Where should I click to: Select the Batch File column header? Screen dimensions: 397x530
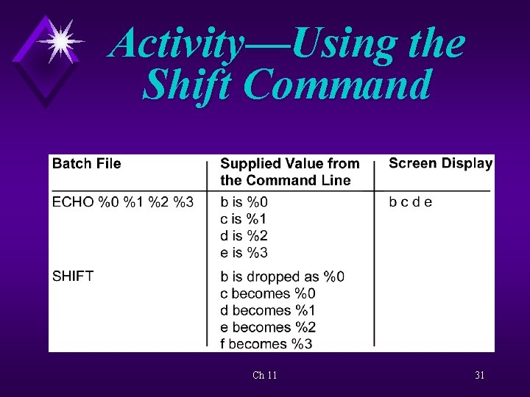[x=86, y=163]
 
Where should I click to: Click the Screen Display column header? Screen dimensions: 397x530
[x=440, y=163]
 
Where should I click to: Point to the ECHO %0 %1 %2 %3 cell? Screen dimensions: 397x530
[x=123, y=202]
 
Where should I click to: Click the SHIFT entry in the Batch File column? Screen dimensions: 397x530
[x=73, y=276]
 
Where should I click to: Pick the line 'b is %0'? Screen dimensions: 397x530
[x=244, y=202]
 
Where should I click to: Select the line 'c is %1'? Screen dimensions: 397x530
[x=244, y=219]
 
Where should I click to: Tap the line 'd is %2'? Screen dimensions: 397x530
[x=244, y=236]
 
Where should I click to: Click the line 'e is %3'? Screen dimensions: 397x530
[x=244, y=253]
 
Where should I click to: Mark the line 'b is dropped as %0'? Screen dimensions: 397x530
[x=282, y=277]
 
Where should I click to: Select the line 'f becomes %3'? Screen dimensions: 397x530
[x=265, y=344]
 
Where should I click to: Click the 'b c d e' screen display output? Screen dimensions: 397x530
[x=410, y=202]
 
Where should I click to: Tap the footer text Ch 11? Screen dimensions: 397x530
[x=264, y=376]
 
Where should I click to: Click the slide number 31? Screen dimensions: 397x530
[x=479, y=376]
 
